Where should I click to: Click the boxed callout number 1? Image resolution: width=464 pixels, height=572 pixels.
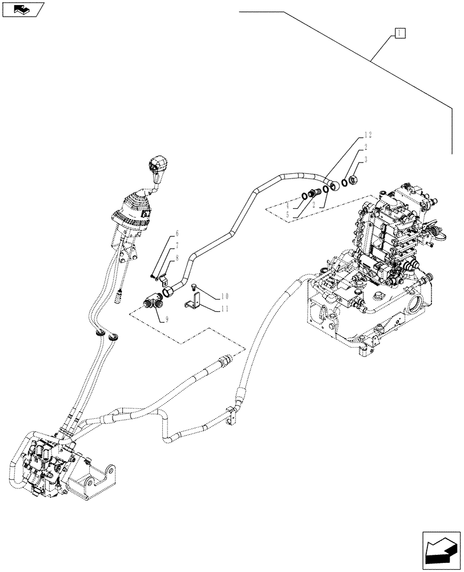pyautogui.click(x=399, y=33)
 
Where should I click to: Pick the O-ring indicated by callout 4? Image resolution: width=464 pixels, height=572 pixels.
pyautogui.click(x=306, y=197)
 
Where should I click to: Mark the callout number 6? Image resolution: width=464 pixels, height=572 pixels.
pyautogui.click(x=177, y=233)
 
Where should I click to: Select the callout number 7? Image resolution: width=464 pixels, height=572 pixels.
pyautogui.click(x=177, y=245)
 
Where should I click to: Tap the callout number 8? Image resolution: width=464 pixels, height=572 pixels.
pyautogui.click(x=177, y=257)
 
